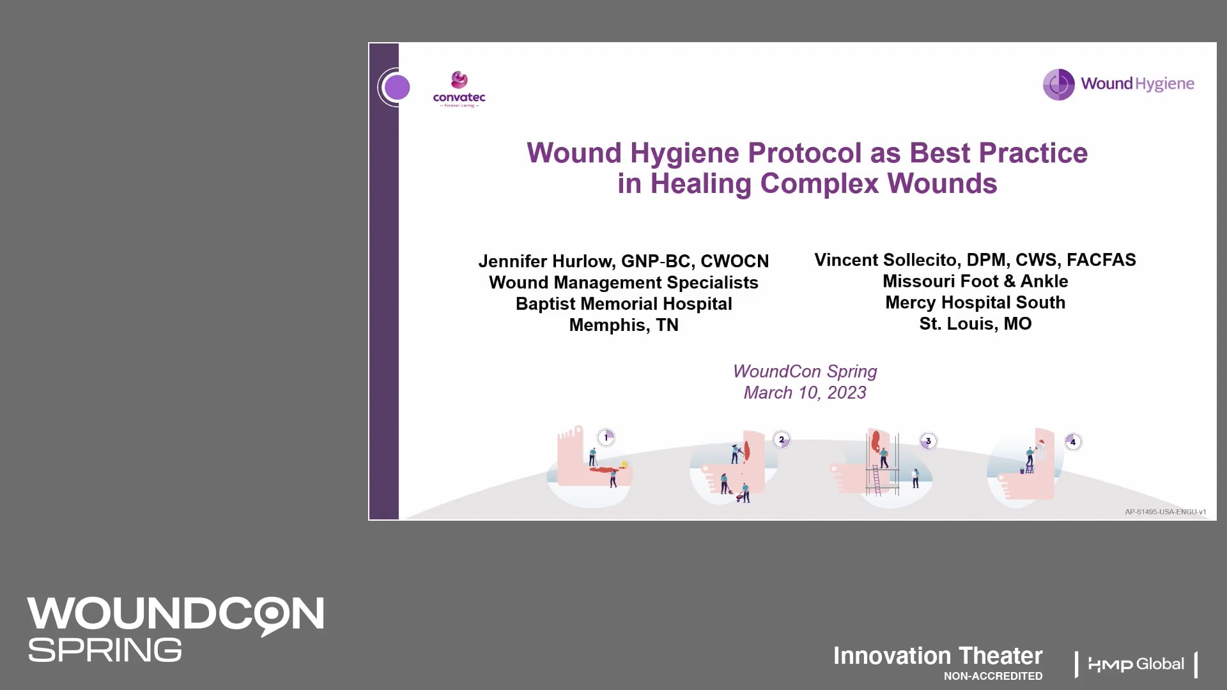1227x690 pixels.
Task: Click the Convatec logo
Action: pos(459,89)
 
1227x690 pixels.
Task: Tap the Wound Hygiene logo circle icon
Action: pos(1058,84)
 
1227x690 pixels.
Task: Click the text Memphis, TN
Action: pos(624,325)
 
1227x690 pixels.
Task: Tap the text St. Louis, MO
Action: pos(975,324)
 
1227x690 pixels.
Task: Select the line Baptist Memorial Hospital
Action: pos(624,304)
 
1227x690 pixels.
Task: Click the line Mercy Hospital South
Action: pos(975,303)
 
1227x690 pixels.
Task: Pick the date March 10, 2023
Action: pos(805,393)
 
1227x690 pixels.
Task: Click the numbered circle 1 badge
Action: pos(606,438)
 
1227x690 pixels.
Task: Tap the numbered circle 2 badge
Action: pos(781,440)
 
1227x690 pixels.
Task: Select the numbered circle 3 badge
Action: pos(928,441)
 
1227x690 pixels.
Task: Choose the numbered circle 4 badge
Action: pos(1072,441)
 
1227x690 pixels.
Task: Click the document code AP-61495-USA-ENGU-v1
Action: pos(1165,512)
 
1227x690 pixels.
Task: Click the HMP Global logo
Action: pos(1136,664)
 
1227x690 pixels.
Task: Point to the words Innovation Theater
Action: pos(938,656)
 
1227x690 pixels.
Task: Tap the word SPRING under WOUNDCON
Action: pos(105,650)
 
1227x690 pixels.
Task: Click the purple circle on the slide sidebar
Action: pos(397,88)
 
